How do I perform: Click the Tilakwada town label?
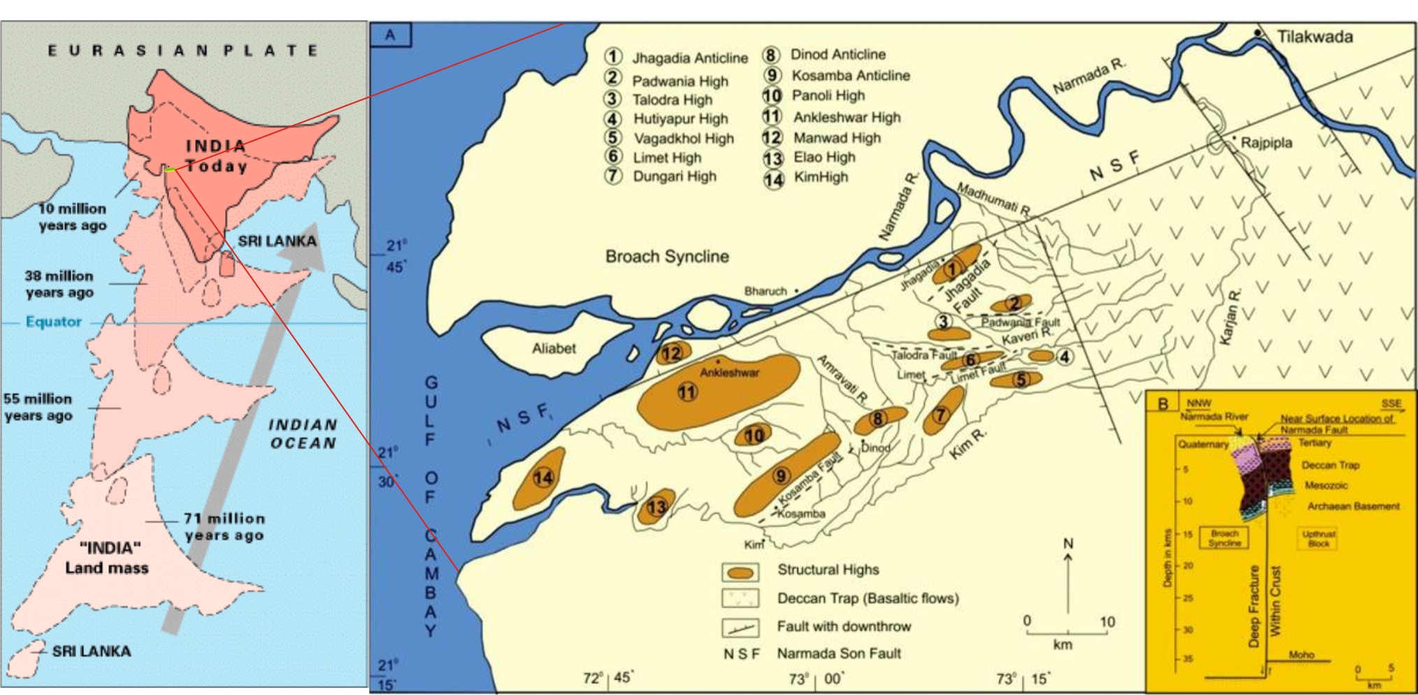point(1314,37)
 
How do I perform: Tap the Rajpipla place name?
point(1266,143)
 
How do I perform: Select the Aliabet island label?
point(554,348)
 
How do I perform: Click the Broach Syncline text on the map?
point(667,257)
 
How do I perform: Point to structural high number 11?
point(688,392)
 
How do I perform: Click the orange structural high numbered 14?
point(542,478)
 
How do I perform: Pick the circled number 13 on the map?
point(656,507)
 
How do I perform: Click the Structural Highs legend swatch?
point(740,573)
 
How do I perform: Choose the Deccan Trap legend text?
point(867,599)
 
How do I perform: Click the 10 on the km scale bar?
point(1107,622)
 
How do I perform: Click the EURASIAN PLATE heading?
point(183,50)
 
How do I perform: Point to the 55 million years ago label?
point(38,407)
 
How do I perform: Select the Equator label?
point(53,322)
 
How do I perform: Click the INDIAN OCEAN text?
point(303,434)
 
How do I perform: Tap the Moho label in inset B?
point(1301,654)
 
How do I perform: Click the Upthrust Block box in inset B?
point(1318,538)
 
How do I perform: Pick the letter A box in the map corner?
point(391,35)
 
